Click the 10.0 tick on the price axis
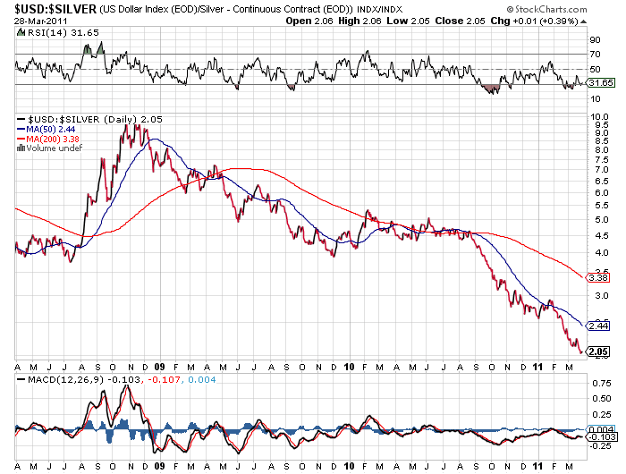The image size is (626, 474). click(598, 117)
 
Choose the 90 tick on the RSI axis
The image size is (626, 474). click(595, 39)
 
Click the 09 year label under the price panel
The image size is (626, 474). click(160, 367)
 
